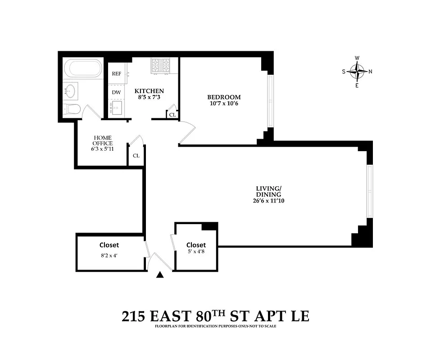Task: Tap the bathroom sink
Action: tap(70, 90)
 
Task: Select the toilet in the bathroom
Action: tap(71, 108)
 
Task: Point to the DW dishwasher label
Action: tap(116, 92)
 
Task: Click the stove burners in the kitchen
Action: tap(160, 66)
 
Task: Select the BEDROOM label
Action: tap(224, 97)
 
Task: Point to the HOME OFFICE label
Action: tap(103, 140)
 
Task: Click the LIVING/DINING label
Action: tap(268, 191)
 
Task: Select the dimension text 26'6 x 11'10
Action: tap(268, 201)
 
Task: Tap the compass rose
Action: tap(357, 71)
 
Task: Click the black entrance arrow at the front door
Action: tap(159, 275)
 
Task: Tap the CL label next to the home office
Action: tap(136, 156)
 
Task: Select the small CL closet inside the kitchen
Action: tap(172, 114)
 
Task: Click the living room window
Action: tap(370, 192)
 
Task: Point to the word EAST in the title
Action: tap(171, 316)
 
